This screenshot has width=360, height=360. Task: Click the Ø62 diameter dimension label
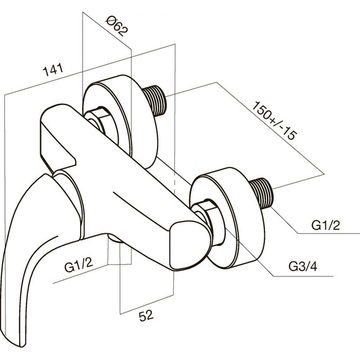(x=117, y=25)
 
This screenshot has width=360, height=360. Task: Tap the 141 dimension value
(x=53, y=70)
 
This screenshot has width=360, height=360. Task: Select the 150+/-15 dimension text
(x=274, y=120)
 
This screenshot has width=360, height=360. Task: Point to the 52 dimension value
(x=146, y=315)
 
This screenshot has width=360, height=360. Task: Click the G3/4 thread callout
(x=303, y=266)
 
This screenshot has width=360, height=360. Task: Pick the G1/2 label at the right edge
(x=326, y=225)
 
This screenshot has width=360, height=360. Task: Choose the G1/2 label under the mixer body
(x=79, y=264)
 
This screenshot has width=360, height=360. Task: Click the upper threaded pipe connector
(x=155, y=101)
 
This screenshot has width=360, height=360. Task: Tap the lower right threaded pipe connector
(x=262, y=193)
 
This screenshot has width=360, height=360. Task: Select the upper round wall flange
(x=120, y=122)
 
